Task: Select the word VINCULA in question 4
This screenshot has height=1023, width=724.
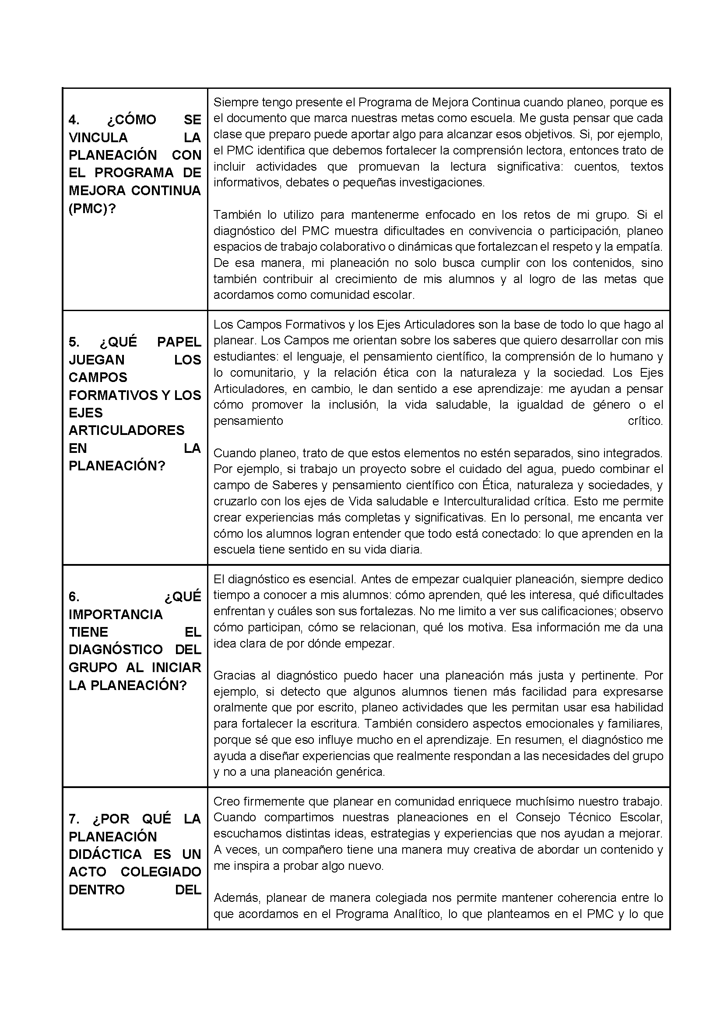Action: click(98, 138)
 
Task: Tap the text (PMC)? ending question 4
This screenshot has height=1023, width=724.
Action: click(92, 208)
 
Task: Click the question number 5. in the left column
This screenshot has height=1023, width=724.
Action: click(74, 342)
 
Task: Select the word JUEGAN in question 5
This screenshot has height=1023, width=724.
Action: click(96, 360)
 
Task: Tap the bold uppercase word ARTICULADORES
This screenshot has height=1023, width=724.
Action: click(127, 431)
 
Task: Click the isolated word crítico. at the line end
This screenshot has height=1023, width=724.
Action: click(645, 421)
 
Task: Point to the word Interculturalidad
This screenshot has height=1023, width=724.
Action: click(488, 501)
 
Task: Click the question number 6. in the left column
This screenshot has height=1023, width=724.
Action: click(74, 597)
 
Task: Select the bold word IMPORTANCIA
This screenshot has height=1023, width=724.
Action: click(116, 615)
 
